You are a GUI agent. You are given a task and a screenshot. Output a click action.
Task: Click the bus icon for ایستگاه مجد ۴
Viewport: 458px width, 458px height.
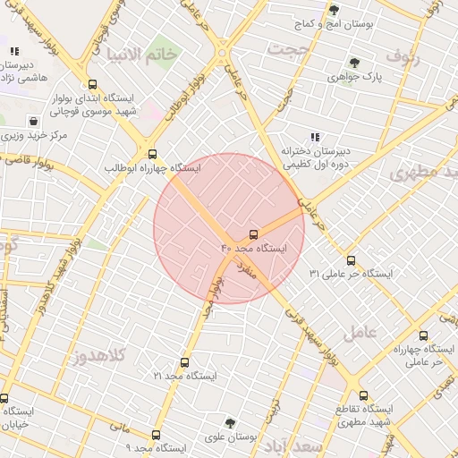pos(253,233)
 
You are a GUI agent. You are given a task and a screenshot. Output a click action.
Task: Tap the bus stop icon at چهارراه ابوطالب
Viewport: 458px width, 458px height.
pos(152,153)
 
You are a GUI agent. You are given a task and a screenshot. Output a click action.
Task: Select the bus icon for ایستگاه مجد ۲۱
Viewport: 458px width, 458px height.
pos(184,363)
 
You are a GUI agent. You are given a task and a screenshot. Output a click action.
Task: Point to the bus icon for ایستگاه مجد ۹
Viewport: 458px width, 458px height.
pos(156,435)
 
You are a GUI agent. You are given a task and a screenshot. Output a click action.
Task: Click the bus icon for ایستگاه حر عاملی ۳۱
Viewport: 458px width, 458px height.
pos(351,260)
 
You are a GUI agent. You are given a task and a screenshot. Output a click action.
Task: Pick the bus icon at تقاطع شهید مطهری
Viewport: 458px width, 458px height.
pos(362,394)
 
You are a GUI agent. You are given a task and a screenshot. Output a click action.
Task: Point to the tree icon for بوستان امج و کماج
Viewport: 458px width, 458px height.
pos(334,10)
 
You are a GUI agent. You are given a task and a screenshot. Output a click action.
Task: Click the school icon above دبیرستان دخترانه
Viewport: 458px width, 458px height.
pos(314,137)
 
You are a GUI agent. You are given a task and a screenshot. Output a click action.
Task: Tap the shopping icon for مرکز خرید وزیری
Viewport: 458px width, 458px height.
pos(33,120)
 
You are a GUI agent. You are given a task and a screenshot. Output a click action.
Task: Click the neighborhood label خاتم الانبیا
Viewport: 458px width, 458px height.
pos(141,55)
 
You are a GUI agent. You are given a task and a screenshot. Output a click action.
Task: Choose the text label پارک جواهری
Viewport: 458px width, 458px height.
pos(379,78)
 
